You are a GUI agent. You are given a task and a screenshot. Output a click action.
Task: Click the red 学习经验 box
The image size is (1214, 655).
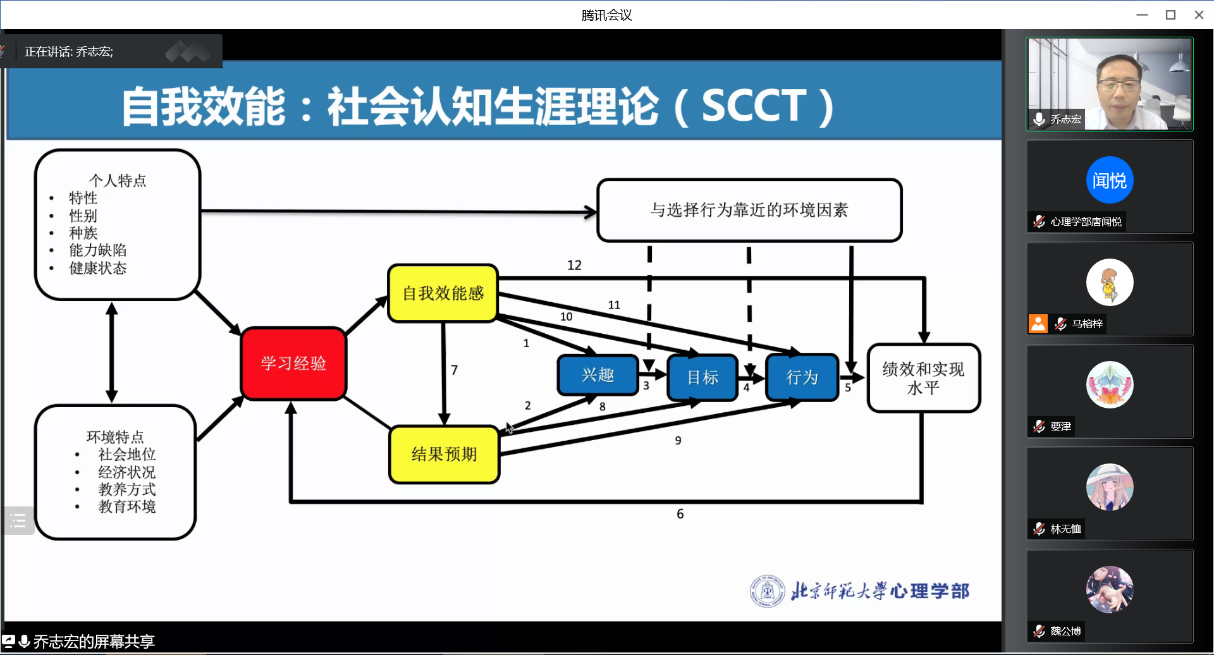click(293, 364)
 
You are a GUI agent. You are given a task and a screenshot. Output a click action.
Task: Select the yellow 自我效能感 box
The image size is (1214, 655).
click(443, 293)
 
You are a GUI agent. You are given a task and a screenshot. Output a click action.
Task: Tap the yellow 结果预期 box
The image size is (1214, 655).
click(444, 454)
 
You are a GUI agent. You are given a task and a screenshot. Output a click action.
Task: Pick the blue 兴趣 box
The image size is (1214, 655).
click(598, 375)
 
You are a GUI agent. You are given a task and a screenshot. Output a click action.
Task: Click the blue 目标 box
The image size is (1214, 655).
click(702, 377)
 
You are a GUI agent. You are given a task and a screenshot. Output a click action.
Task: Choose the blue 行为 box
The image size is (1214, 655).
click(802, 377)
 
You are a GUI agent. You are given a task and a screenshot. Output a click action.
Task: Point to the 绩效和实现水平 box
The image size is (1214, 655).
click(923, 378)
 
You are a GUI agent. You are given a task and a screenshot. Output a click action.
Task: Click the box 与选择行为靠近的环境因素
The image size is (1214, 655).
click(749, 210)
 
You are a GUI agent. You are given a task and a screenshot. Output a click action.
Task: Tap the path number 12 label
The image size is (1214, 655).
click(574, 266)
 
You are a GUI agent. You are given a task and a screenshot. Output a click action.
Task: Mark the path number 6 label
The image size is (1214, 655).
click(680, 514)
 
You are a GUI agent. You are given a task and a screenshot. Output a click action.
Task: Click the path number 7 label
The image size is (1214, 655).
click(454, 370)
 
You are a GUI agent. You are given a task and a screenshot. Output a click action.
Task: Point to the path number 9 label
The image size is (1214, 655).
click(678, 441)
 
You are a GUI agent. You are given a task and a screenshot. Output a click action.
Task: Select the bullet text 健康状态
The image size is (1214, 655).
click(98, 268)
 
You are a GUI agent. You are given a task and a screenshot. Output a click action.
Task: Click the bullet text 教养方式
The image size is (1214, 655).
click(126, 489)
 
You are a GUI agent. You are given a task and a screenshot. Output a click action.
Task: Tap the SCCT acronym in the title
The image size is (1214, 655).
click(754, 105)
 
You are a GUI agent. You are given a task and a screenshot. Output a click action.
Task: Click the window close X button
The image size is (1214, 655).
click(1199, 15)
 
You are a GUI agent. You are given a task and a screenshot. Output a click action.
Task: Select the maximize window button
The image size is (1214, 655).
click(1170, 15)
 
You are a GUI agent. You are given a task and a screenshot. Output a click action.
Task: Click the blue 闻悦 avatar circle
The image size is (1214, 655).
click(1110, 180)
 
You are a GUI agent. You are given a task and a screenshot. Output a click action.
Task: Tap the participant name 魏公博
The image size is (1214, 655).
click(1066, 631)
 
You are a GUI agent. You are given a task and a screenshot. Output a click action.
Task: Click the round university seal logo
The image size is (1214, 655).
click(767, 591)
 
